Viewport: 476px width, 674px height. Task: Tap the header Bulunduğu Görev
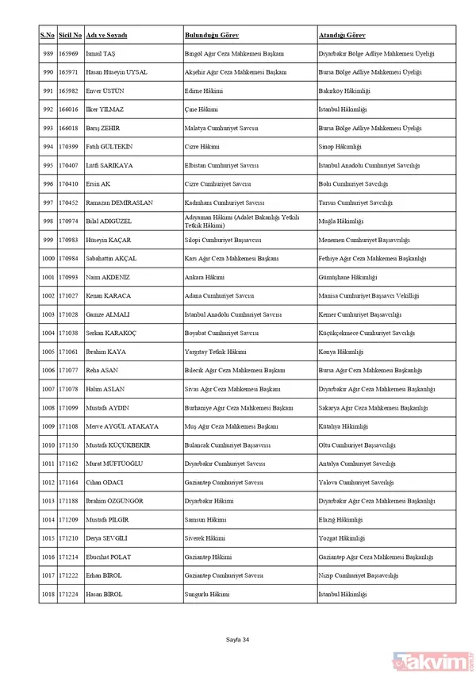(212, 37)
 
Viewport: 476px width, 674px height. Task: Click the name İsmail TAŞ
(102, 54)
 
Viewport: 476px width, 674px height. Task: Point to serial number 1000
(48, 259)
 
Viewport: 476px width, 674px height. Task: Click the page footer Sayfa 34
(237, 639)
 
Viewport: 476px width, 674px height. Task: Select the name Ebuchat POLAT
(109, 557)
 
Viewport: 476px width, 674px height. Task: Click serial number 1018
(48, 595)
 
